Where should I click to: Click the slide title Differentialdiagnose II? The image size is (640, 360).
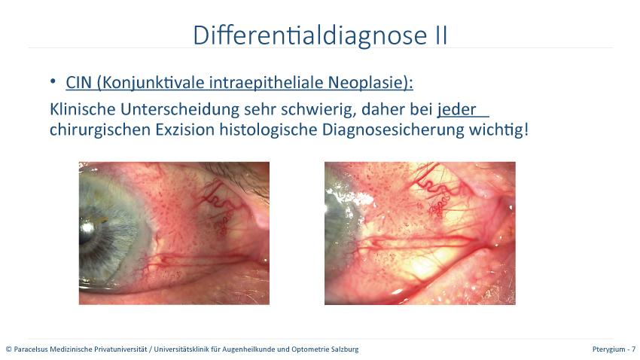[x=320, y=35]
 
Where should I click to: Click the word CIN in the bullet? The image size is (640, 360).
[x=79, y=82]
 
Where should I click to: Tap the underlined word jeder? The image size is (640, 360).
[x=457, y=109]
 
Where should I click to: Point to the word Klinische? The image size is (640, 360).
[x=84, y=109]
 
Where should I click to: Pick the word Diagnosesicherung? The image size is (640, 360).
[x=393, y=130]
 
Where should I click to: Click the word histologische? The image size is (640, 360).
[x=269, y=130]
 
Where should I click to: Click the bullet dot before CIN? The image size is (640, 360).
[x=53, y=81]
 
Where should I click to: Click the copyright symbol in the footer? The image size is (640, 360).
[x=8, y=349]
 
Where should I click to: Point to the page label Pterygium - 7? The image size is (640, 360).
[x=614, y=349]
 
